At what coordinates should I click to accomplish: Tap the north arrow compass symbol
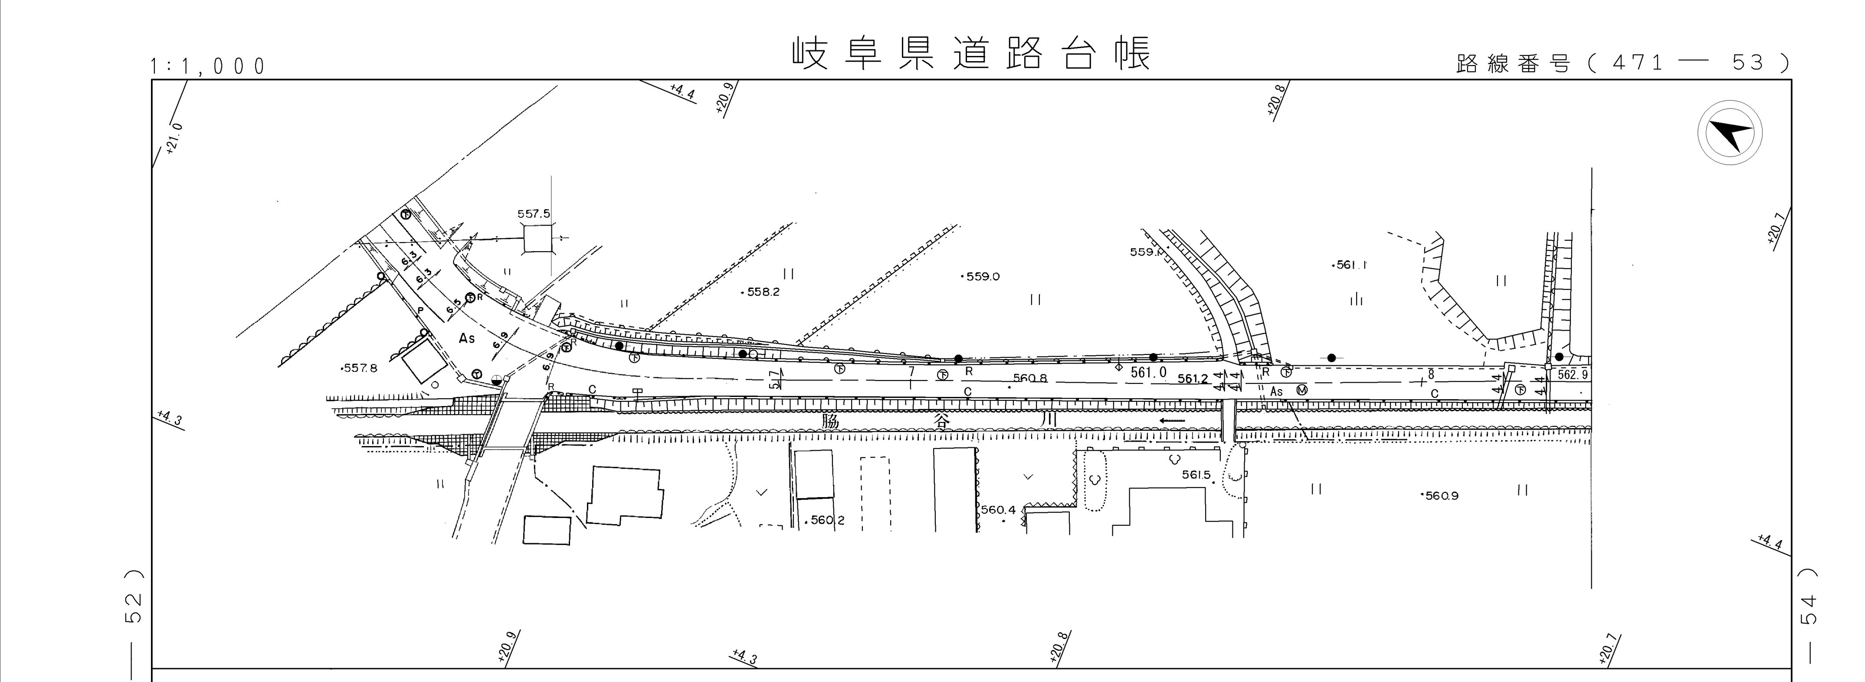pos(1730,134)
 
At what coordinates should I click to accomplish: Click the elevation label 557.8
pos(360,368)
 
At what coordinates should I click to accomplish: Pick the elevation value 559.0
pos(983,276)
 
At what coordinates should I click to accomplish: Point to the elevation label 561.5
pos(1196,475)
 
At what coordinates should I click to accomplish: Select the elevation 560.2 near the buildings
pos(827,520)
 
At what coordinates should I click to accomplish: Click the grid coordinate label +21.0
pos(174,139)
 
